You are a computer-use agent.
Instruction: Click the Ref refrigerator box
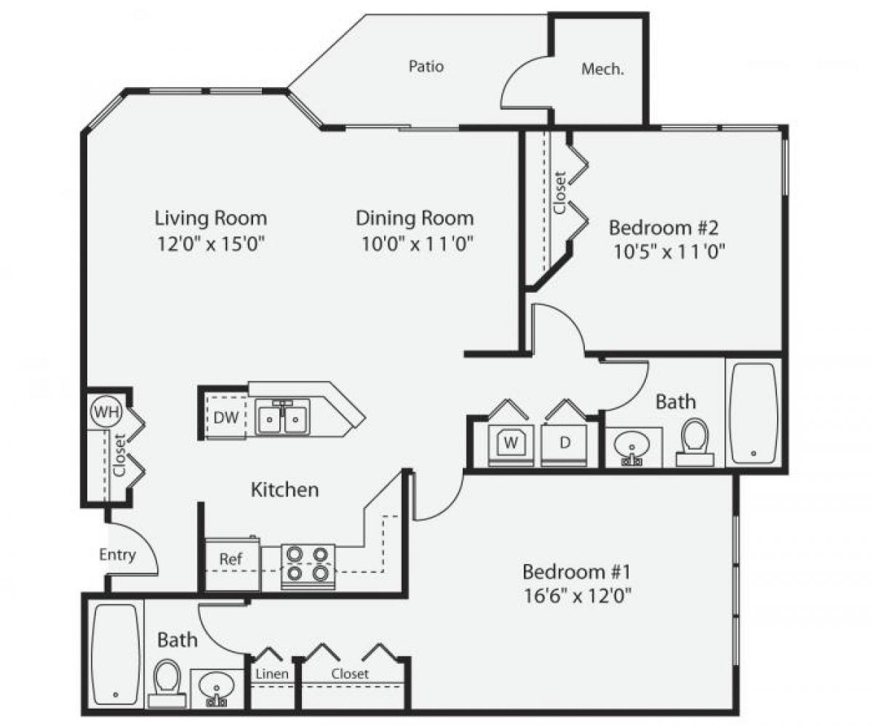coord(231,560)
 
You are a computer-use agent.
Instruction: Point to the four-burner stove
coord(307,564)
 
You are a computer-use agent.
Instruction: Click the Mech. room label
coord(602,70)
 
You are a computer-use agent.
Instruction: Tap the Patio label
coord(426,67)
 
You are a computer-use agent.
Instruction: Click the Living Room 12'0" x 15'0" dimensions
coord(210,244)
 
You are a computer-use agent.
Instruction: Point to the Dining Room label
coord(415,218)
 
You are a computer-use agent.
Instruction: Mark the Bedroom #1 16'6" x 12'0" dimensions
coord(576,596)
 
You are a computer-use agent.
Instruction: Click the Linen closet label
coord(272,674)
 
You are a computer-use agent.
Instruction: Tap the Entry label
coord(117,555)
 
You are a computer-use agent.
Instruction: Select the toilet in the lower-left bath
coord(167,682)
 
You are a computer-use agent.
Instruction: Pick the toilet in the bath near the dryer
coord(695,440)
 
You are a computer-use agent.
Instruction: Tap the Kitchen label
coord(284,490)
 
